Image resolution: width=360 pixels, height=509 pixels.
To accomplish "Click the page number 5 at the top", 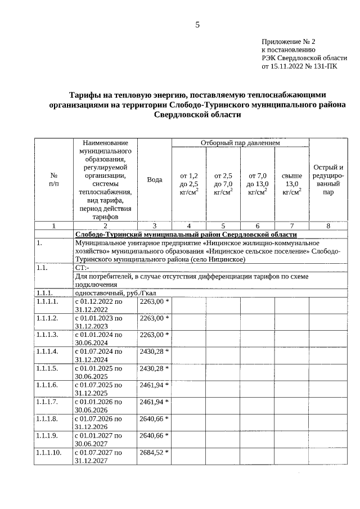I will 197,25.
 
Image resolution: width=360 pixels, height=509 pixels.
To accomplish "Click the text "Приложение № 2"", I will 289,42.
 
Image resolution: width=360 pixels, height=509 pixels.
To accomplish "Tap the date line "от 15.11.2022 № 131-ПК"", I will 300,66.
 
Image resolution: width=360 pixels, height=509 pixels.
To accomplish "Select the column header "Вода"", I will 154,179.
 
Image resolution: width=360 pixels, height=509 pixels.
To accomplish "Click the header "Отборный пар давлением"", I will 240,143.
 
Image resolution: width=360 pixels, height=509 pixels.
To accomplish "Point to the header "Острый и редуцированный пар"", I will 328,179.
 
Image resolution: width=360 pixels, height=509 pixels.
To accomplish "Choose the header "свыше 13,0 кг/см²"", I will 291,184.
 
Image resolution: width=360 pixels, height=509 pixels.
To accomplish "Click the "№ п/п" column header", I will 54,179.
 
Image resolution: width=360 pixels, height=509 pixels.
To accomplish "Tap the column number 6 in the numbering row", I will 257,226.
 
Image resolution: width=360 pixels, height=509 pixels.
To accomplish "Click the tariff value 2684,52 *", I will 154,452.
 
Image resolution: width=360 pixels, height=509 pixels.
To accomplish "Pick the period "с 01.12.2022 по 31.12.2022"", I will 98,305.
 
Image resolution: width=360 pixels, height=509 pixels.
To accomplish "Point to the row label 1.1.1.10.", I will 48,452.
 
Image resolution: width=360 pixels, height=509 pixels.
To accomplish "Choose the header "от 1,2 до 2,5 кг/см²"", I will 188,184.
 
